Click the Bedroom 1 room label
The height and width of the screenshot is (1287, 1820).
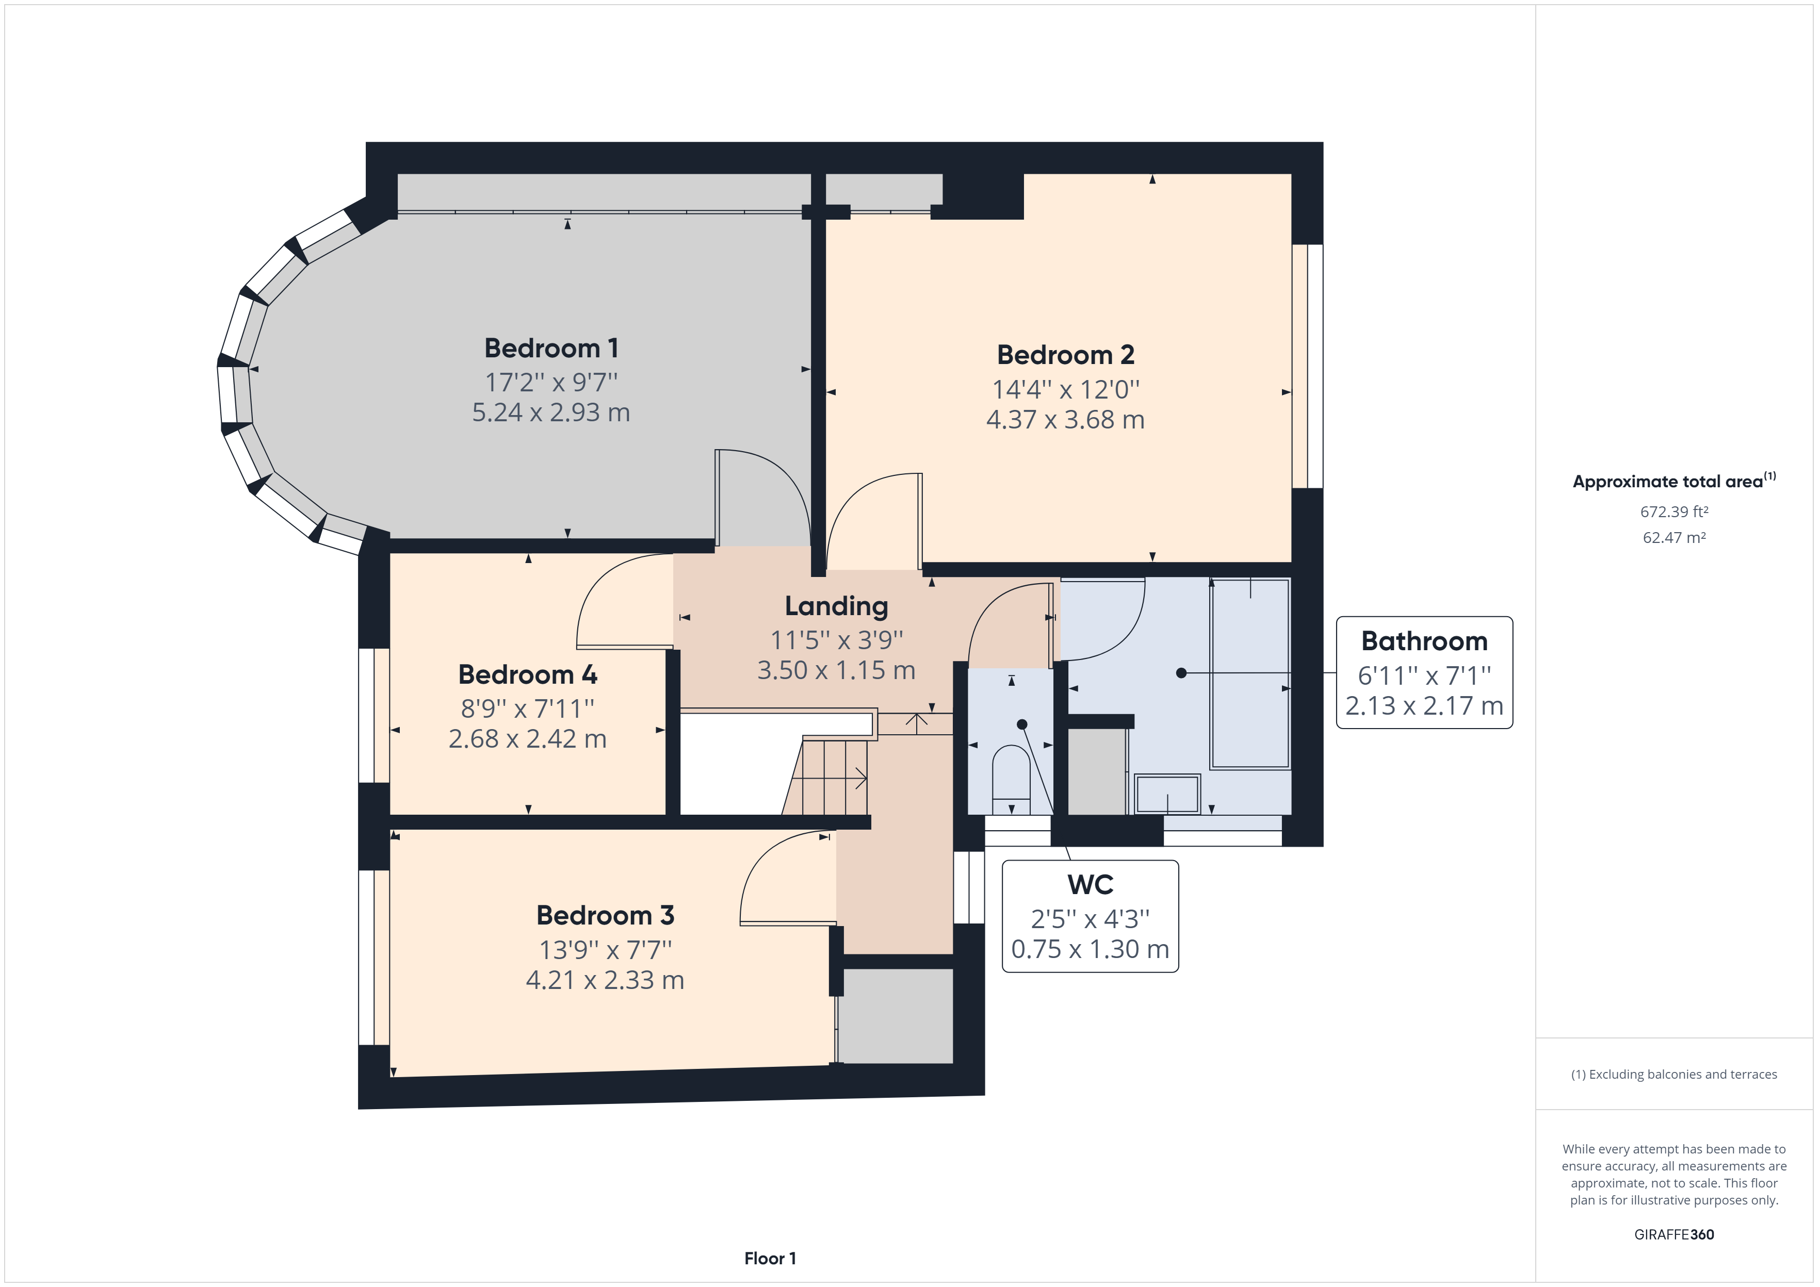tap(551, 348)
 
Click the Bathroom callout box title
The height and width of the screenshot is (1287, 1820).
tap(1424, 640)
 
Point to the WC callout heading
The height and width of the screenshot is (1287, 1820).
tap(1090, 884)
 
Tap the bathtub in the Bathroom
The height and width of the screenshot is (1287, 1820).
tap(1250, 673)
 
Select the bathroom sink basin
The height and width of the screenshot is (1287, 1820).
tap(1167, 793)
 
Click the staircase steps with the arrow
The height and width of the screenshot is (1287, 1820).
tap(828, 778)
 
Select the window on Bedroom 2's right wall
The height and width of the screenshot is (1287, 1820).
tap(1308, 366)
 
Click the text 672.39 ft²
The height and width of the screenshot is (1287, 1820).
tap(1673, 512)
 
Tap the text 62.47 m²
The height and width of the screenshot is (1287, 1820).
tap(1673, 537)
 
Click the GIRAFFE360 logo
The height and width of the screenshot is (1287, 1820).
tap(1673, 1234)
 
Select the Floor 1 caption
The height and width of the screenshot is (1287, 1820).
tap(770, 1258)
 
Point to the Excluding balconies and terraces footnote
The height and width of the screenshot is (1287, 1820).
tap(1673, 1075)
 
